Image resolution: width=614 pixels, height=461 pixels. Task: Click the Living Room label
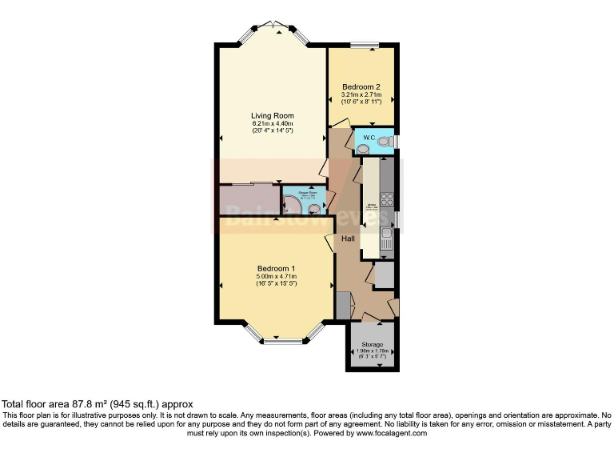coord(273,115)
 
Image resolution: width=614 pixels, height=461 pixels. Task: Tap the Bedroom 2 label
coord(361,86)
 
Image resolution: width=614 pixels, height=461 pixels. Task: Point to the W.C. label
coord(369,138)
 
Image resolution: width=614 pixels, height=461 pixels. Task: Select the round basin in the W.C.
coord(362,149)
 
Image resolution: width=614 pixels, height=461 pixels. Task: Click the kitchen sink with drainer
coord(387,238)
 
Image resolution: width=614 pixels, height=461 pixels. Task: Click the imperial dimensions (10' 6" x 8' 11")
coord(361,102)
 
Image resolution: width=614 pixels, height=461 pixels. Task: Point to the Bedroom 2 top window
coord(364,46)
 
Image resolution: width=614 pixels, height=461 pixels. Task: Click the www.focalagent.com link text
coord(386,433)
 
